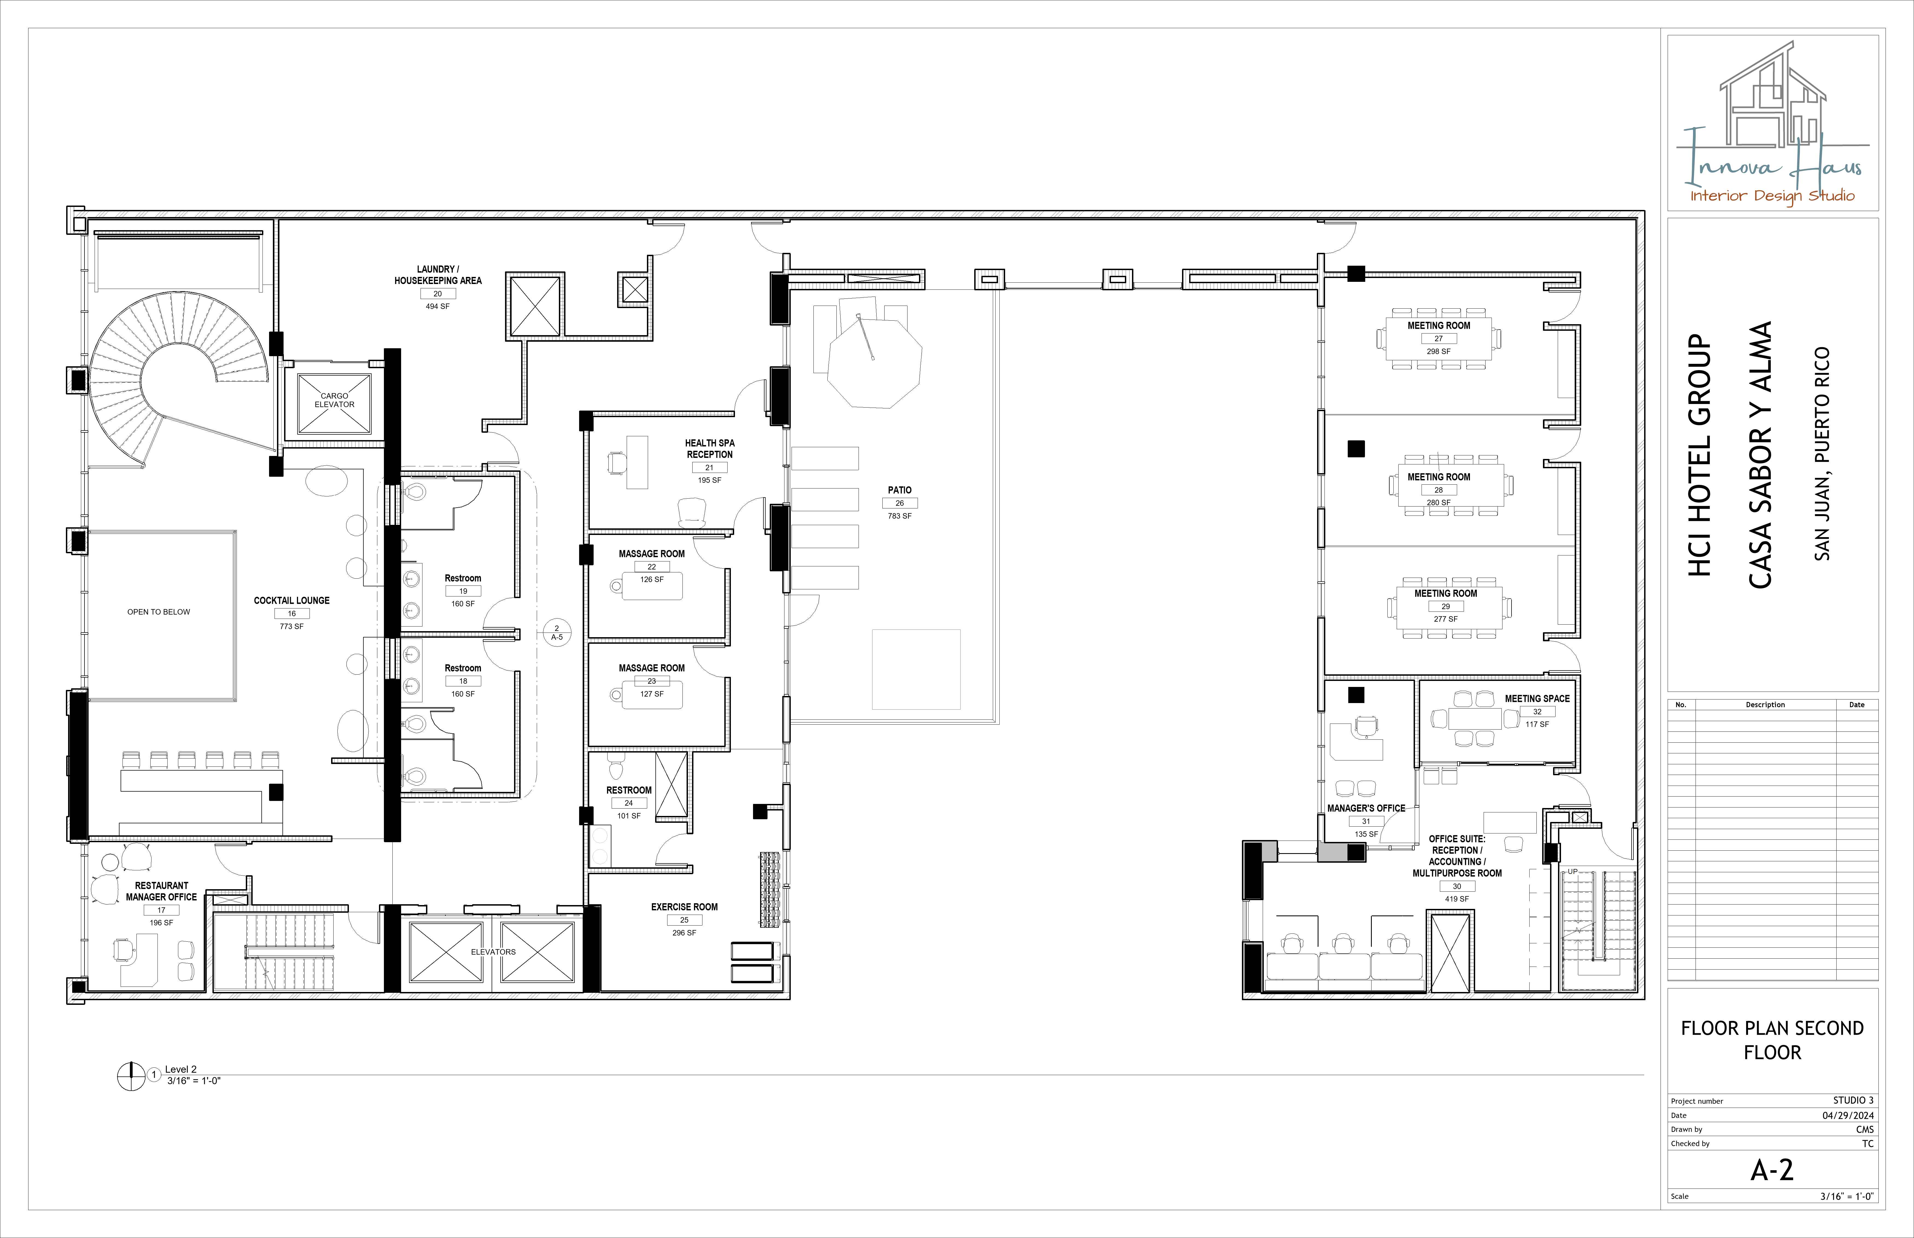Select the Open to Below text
[x=158, y=612]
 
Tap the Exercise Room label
[x=684, y=907]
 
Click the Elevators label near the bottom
[x=493, y=952]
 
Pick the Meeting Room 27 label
[x=1439, y=326]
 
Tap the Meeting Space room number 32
[x=1537, y=712]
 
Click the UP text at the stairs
[x=1572, y=871]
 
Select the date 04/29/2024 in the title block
[x=1848, y=1115]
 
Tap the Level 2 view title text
[x=181, y=1069]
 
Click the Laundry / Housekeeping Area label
[x=437, y=275]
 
